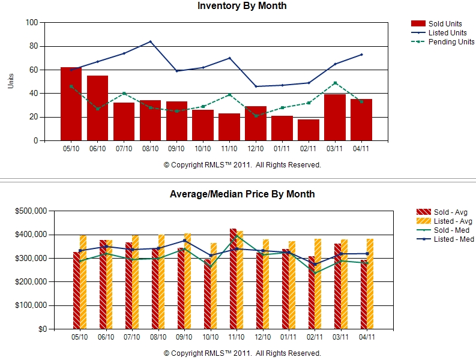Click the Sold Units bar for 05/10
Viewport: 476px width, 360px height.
[x=71, y=104]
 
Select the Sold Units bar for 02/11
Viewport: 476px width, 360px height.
[x=309, y=130]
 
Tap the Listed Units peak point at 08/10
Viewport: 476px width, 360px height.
[x=150, y=41]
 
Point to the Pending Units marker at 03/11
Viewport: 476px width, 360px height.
[x=335, y=83]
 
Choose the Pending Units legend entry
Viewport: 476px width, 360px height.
[x=442, y=42]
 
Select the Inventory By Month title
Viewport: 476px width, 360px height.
[x=242, y=6]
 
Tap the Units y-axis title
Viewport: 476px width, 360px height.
[x=11, y=81]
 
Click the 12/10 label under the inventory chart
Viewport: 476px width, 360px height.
[x=256, y=149]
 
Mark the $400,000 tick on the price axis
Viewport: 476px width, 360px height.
[x=31, y=235]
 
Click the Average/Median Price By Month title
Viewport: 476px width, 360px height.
[x=242, y=194]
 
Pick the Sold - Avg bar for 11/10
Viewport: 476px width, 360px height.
[x=233, y=278]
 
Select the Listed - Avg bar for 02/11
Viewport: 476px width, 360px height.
[x=318, y=284]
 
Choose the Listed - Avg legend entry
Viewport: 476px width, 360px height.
[x=444, y=221]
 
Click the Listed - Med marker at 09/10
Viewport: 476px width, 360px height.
[x=184, y=241]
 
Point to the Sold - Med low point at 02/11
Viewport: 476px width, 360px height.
[x=315, y=273]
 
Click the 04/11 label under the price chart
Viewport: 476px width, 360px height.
[x=367, y=337]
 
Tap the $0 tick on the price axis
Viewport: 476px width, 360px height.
[x=43, y=329]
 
